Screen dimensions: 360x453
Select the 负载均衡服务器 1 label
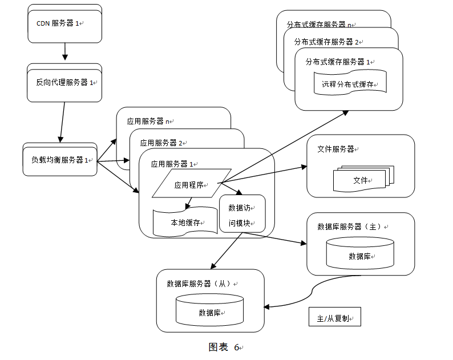pos(60,160)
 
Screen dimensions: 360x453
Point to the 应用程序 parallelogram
pos(191,184)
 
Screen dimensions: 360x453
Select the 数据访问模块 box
pos(242,215)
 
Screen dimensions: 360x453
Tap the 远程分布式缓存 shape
pos(350,84)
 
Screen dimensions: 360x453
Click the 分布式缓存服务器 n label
pos(319,25)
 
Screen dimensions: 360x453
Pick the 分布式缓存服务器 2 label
pos(327,42)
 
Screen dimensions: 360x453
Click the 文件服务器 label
pos(335,149)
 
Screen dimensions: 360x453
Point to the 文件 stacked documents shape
pos(363,179)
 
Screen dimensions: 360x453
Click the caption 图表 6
pos(225,347)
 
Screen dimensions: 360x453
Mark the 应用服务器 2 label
pos(161,143)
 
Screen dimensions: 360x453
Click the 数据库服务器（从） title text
pos(200,283)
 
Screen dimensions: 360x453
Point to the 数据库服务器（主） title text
pos(351,226)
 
